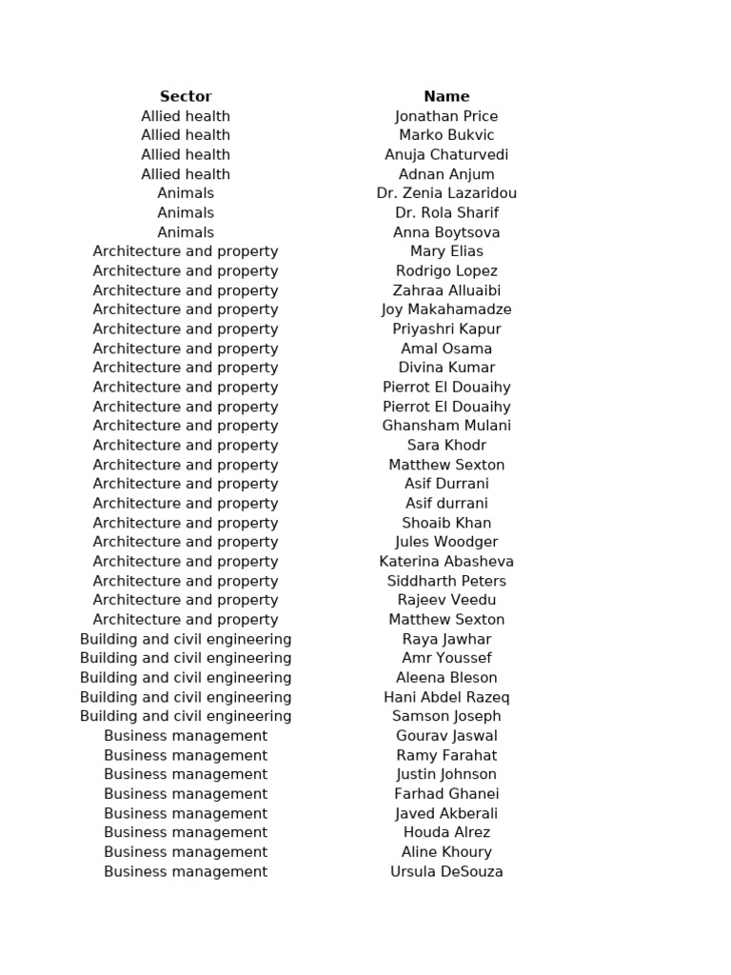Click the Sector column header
click(x=186, y=96)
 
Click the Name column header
click(x=446, y=96)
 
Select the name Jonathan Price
click(x=446, y=116)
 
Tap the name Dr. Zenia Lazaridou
click(x=446, y=193)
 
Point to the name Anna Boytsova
click(x=446, y=232)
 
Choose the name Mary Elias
click(x=446, y=251)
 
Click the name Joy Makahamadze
click(x=446, y=309)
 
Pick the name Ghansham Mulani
click(x=446, y=426)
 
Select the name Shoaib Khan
click(x=446, y=523)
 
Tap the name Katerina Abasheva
click(x=446, y=562)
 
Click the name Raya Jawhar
click(x=446, y=639)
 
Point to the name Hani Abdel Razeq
click(x=446, y=697)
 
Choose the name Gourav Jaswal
click(x=446, y=736)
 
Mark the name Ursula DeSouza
click(x=446, y=871)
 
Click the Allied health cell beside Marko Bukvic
click(x=186, y=135)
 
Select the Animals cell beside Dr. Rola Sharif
click(x=186, y=212)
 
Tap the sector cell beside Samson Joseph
click(x=186, y=716)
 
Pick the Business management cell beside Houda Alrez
click(x=186, y=832)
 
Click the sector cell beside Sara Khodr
click(x=186, y=446)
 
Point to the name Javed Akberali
click(x=446, y=813)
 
